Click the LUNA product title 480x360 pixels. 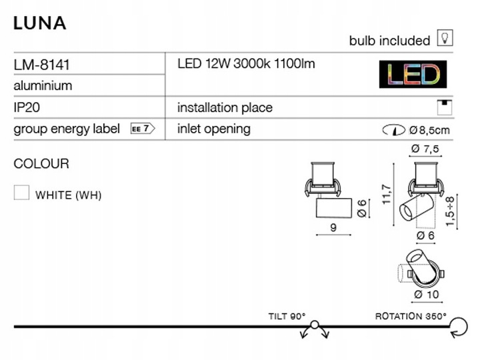[40, 23]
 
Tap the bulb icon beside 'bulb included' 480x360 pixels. [445, 38]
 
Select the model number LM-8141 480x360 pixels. [41, 65]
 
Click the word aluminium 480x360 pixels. [43, 86]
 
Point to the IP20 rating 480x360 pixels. [27, 107]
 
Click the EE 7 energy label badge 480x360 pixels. [143, 129]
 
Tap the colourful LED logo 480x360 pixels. [413, 75]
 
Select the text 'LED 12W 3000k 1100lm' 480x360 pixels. [246, 64]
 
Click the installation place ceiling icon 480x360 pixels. [445, 107]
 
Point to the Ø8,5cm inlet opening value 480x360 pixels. [429, 131]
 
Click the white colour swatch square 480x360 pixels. [21, 193]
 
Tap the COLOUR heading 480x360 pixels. [41, 164]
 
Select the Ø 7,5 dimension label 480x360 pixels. [425, 149]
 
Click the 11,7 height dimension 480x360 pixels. [387, 195]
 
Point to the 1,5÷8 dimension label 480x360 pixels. [450, 211]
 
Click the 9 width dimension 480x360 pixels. [333, 228]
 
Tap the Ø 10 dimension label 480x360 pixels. [427, 295]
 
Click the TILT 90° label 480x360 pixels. [287, 316]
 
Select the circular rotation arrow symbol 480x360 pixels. [459, 327]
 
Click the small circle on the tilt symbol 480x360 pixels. [315, 325]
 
